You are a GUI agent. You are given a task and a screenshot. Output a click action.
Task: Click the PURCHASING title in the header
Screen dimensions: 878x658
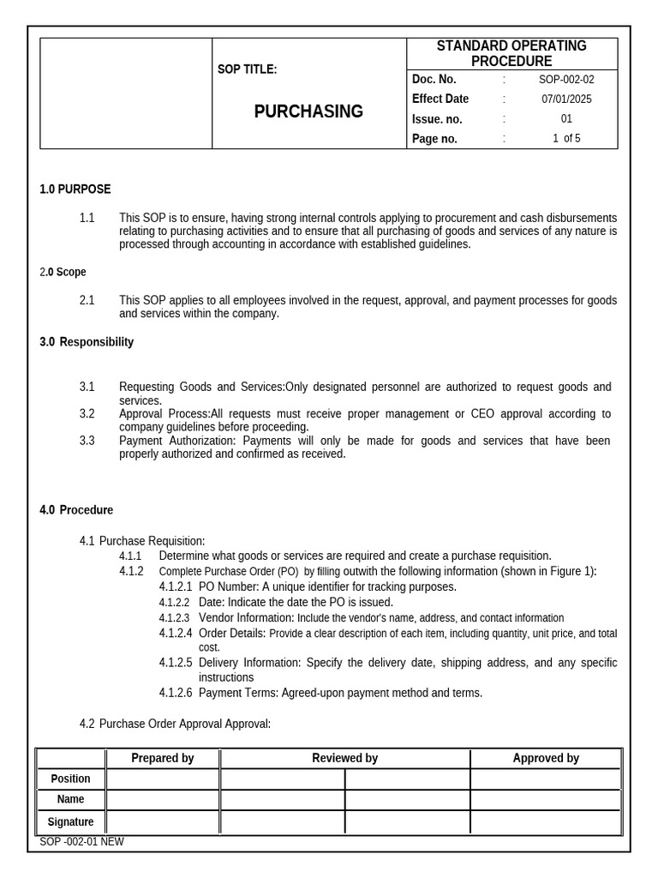click(x=308, y=111)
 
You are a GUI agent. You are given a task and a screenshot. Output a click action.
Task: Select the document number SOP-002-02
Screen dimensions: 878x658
click(x=566, y=80)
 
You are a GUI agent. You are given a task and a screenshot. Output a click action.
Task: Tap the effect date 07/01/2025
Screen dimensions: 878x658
click(x=566, y=99)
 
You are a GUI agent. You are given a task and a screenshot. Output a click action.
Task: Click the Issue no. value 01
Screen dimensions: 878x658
click(x=566, y=119)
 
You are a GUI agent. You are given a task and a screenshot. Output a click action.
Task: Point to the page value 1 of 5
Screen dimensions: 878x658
click(x=566, y=139)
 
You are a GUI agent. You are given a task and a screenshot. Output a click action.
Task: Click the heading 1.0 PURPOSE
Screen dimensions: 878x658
click(x=75, y=189)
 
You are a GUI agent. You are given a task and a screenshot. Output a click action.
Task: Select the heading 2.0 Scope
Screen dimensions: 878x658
click(x=63, y=273)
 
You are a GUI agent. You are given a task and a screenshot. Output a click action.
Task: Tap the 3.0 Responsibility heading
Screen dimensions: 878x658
click(x=87, y=342)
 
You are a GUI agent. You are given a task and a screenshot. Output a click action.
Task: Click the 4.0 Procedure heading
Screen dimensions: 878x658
click(x=76, y=510)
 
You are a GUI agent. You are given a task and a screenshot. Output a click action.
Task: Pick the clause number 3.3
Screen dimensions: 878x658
click(x=87, y=441)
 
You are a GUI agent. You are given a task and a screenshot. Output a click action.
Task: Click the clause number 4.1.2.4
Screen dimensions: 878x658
click(x=176, y=634)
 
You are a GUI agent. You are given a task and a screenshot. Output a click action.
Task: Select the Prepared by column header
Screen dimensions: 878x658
click(x=163, y=758)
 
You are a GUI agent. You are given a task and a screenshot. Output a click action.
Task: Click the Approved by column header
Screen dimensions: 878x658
click(x=546, y=758)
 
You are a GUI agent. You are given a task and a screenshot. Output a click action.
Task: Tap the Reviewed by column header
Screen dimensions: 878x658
click(x=344, y=758)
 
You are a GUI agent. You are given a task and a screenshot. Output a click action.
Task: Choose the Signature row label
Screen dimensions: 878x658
click(x=70, y=822)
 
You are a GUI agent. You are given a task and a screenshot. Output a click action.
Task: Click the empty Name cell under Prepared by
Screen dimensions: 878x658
click(x=163, y=799)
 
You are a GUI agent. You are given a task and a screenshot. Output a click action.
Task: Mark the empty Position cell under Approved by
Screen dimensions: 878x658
click(x=546, y=779)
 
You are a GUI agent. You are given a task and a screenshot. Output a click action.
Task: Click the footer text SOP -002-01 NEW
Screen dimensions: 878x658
click(x=81, y=842)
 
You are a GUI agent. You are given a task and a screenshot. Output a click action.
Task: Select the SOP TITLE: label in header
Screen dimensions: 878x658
click(x=247, y=69)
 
